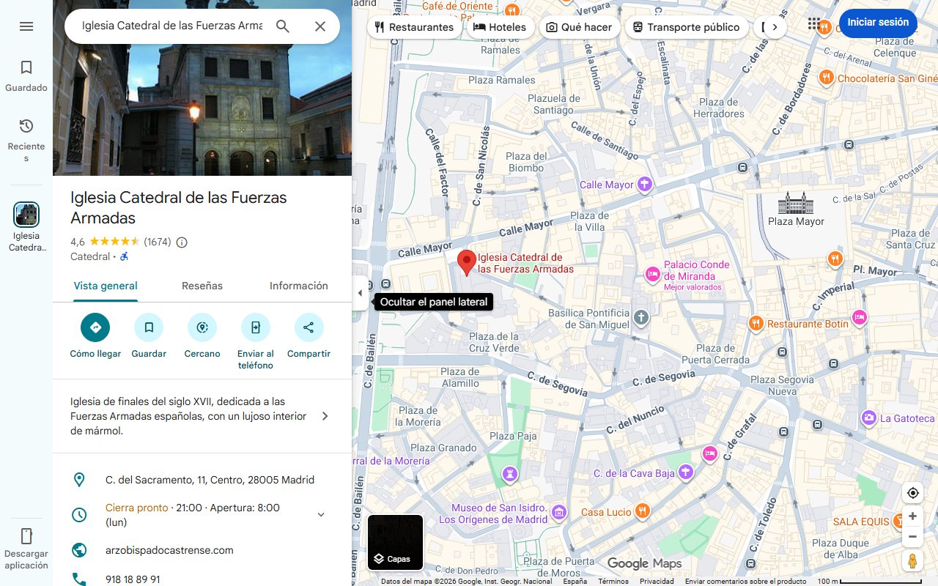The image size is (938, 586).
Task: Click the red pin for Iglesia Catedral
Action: (467, 262)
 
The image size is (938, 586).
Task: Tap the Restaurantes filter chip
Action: (414, 27)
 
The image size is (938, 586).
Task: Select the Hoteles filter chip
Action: (500, 27)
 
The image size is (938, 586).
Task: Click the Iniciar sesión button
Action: (877, 23)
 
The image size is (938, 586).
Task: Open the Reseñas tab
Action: (202, 286)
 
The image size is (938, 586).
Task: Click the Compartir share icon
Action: (309, 327)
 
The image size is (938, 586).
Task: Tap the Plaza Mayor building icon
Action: (796, 203)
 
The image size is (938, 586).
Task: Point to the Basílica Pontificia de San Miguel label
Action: (588, 319)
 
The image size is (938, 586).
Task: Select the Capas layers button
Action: (395, 543)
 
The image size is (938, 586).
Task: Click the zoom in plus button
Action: (912, 516)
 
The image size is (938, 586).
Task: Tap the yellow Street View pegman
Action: (912, 561)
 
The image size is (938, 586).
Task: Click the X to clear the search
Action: (320, 26)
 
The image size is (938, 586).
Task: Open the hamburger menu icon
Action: (26, 26)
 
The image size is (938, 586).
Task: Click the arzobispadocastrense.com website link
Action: (169, 550)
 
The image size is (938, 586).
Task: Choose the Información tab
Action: (298, 286)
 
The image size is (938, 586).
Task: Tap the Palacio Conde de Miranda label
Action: (696, 270)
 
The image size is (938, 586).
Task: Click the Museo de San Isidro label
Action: (499, 513)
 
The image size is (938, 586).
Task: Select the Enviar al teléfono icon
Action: (256, 327)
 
